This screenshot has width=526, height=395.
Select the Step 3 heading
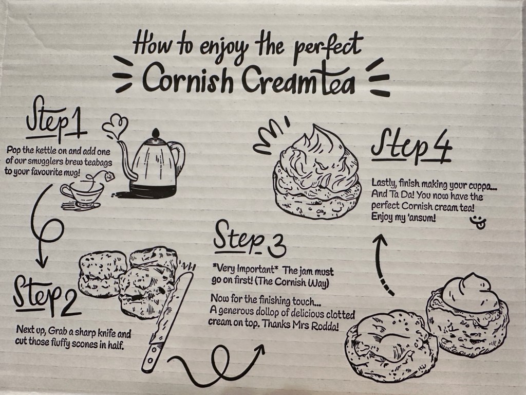point(249,239)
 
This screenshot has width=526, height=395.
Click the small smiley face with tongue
point(477,221)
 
